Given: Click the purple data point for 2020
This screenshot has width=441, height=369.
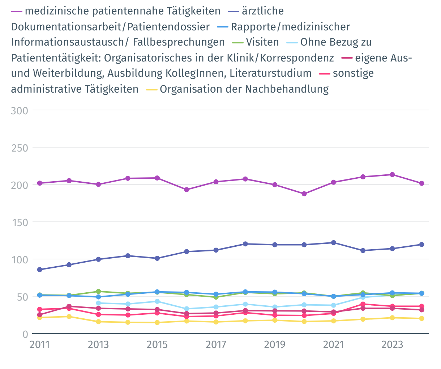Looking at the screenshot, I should click(x=304, y=194).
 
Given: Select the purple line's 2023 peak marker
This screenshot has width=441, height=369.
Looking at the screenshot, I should click(x=392, y=175).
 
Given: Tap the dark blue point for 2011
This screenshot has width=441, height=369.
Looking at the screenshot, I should click(x=39, y=270).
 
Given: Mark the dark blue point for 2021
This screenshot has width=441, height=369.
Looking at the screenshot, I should click(x=334, y=243).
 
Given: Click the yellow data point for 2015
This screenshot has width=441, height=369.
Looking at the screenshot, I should click(x=157, y=322).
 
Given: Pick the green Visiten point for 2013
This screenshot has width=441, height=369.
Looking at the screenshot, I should click(x=98, y=291).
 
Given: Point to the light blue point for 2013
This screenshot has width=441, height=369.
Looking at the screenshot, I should click(x=98, y=303).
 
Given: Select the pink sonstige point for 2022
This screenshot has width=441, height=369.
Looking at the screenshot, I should click(x=363, y=304).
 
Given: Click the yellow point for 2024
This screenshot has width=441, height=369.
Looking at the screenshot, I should click(x=421, y=318).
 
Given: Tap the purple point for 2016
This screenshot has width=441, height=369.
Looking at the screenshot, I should click(x=187, y=190).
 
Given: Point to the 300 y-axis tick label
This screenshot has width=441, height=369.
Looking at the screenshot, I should click(x=20, y=110).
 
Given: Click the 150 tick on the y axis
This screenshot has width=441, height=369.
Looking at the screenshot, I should click(x=20, y=222).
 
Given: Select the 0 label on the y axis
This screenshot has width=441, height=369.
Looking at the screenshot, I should click(x=25, y=334).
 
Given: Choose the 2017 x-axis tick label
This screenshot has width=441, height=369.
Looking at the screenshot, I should click(x=216, y=344).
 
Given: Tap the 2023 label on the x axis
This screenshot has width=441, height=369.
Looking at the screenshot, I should click(x=392, y=344).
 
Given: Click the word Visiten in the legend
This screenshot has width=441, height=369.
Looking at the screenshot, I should click(x=262, y=42).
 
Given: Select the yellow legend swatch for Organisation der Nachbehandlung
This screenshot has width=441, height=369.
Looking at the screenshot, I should click(x=151, y=89).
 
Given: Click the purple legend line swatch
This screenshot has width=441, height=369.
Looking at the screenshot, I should click(x=17, y=11).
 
